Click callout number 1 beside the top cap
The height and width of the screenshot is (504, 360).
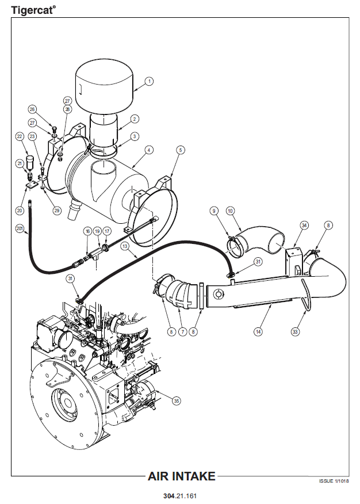149,82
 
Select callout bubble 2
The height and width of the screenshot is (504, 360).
134,119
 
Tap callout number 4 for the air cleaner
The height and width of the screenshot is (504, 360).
148,150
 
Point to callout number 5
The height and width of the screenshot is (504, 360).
181,150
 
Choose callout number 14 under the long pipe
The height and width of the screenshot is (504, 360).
258,331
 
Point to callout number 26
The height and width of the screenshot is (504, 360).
32,109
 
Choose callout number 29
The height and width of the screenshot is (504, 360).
56,211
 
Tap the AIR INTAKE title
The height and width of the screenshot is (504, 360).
182,476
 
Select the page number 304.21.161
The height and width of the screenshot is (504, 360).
181,495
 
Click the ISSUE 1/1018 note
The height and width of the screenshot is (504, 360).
334,481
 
